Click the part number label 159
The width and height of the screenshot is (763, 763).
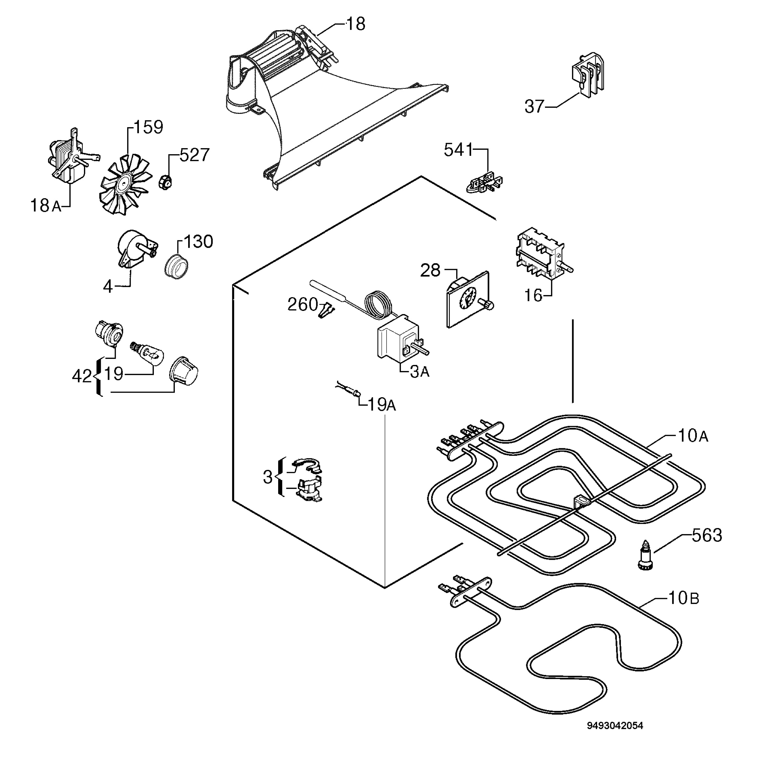(x=148, y=127)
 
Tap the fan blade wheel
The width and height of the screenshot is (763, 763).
(x=126, y=184)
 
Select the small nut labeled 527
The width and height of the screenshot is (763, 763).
(x=165, y=182)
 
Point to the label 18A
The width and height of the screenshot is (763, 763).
(x=46, y=206)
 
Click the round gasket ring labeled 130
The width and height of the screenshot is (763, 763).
(x=176, y=267)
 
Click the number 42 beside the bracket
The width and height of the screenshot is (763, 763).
(x=82, y=376)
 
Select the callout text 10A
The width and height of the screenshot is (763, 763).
(x=693, y=436)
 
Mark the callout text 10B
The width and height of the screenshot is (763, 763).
(x=684, y=598)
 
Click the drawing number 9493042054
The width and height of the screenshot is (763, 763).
(x=615, y=737)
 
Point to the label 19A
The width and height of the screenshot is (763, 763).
(x=381, y=404)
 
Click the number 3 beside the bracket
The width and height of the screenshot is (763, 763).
(x=268, y=478)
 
